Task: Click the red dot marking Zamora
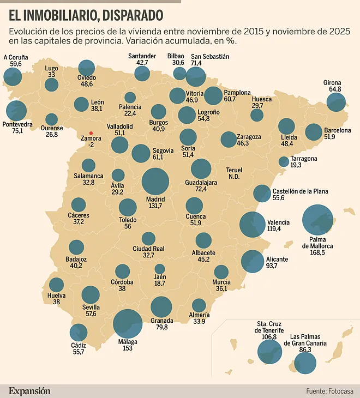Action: (91, 133)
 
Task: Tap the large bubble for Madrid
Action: (155, 182)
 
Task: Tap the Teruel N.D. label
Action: (235, 173)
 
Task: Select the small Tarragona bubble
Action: (284, 161)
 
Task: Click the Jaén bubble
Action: (160, 269)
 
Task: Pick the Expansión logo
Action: (29, 390)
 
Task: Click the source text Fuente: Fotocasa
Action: (330, 390)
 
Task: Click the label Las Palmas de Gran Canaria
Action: (308, 340)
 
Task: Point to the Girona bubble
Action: (336, 102)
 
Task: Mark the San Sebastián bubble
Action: (195, 77)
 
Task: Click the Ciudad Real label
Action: (148, 249)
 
